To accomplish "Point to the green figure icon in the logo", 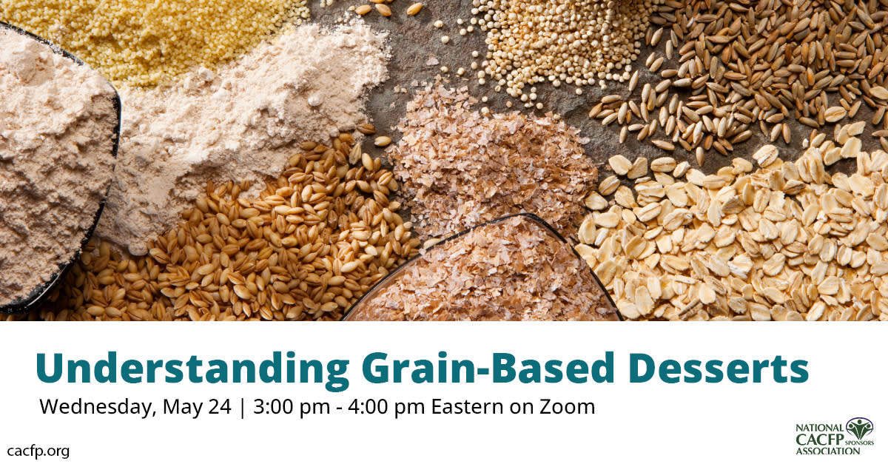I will point(859,428).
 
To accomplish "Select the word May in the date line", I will point(181,407).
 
